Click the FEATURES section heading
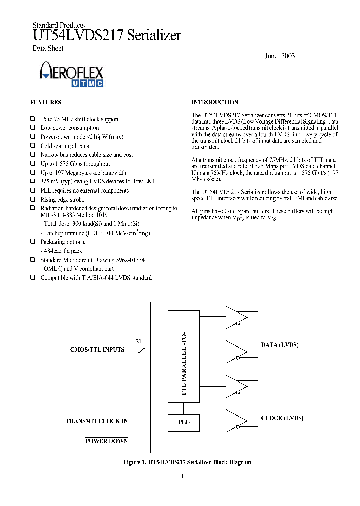point(46,102)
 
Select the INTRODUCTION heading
point(215,102)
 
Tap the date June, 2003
point(279,56)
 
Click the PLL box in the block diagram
point(184,422)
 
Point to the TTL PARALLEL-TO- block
point(184,356)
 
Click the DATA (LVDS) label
point(280,345)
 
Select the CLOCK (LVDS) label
point(282,418)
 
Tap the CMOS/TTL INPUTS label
point(97,350)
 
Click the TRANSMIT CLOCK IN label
point(96,421)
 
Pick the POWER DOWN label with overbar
point(106,441)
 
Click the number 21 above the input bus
point(139,341)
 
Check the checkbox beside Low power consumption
point(33,128)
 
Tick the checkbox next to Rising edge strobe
point(33,199)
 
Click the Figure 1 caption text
point(187,462)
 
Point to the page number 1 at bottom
point(182,476)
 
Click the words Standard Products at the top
point(58,25)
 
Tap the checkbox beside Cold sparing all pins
point(33,146)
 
